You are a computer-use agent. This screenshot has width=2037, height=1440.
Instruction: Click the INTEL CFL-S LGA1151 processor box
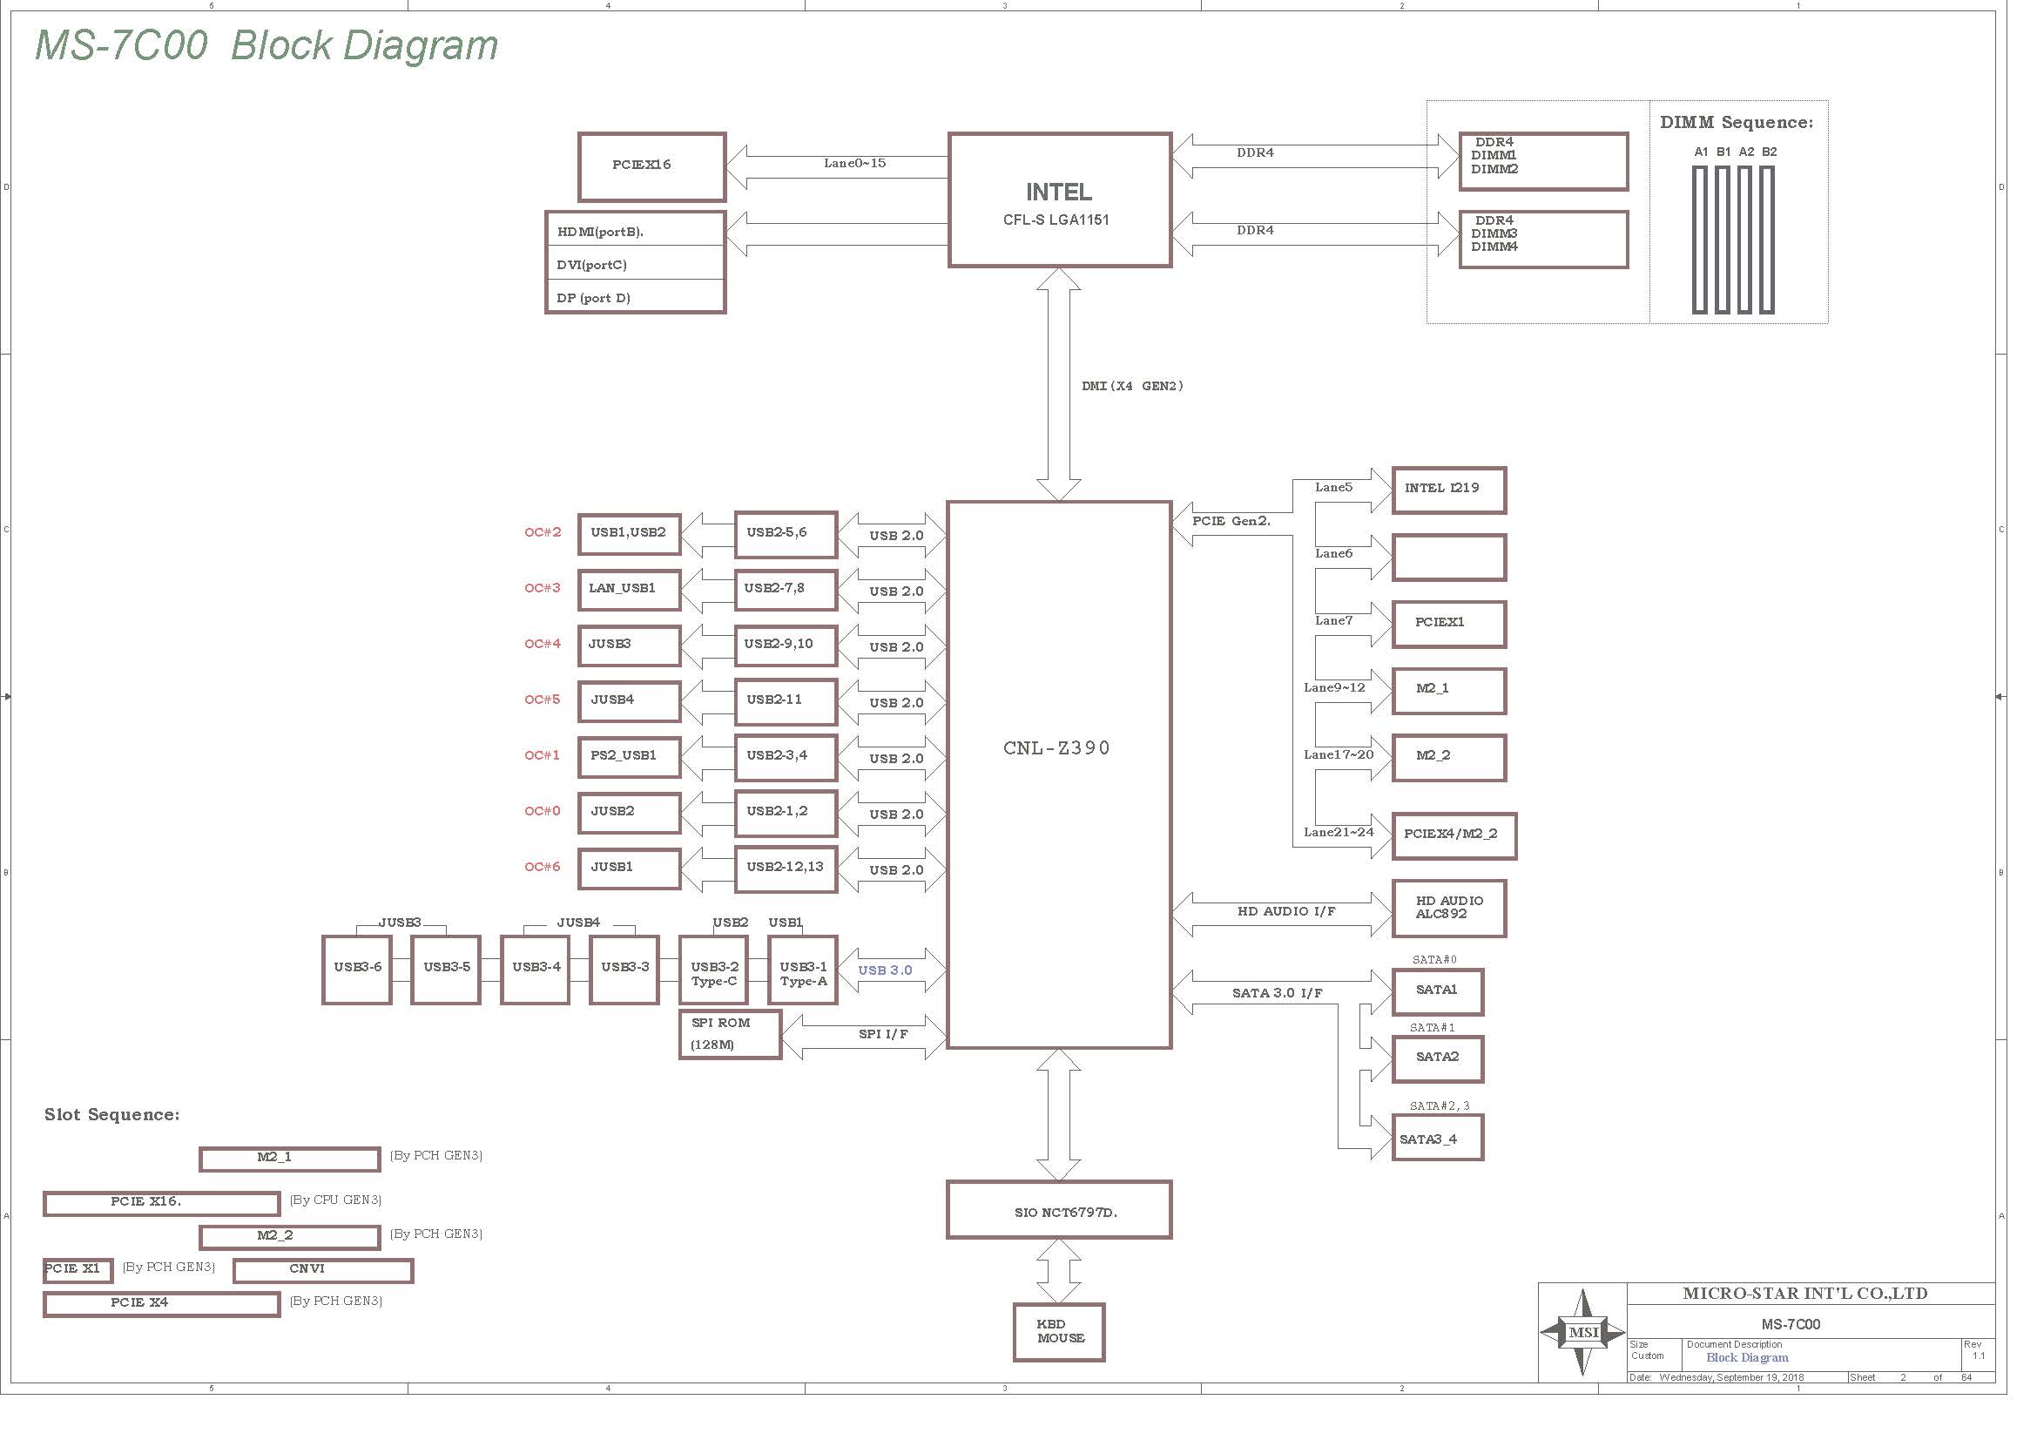pos(1059,199)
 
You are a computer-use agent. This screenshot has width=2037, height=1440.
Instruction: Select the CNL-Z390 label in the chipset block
pos(1056,748)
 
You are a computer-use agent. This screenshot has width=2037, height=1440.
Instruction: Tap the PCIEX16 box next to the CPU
pos(651,166)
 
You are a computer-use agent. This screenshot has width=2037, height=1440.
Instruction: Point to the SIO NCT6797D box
pos(1058,1209)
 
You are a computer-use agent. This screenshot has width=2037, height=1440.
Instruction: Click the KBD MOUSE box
pos(1058,1332)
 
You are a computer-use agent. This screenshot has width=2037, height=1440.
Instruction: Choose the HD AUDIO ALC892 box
pos(1449,908)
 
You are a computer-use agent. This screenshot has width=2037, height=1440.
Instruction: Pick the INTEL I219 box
pos(1449,490)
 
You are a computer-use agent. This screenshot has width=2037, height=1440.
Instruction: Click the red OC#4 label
pos(542,643)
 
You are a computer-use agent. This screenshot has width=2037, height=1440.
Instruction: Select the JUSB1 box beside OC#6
pos(629,869)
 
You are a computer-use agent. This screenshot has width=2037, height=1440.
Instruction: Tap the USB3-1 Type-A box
pos(803,970)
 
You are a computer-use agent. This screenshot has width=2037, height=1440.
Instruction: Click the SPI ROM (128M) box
pos(730,1034)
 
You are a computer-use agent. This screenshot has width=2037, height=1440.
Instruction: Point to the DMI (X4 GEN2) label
pos(1132,386)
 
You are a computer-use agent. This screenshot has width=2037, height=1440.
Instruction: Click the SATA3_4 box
pos(1437,1139)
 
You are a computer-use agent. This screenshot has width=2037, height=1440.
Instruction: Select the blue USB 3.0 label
pos(885,970)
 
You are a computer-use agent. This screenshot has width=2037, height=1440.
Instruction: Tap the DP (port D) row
pos(635,296)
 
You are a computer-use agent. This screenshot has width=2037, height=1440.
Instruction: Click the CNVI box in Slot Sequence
pos(323,1270)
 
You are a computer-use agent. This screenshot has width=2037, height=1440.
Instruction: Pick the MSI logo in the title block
pos(1582,1332)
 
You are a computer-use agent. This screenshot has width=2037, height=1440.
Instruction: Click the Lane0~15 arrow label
pos(854,163)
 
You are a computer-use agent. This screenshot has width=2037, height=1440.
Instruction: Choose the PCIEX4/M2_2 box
pos(1454,835)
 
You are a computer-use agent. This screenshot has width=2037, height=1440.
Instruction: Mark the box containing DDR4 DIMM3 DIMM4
pos(1543,239)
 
